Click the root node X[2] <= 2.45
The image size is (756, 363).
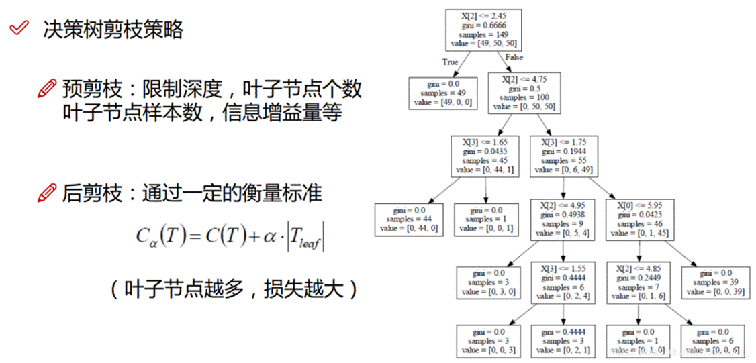pos(483,28)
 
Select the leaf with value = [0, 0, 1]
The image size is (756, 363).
pos(485,219)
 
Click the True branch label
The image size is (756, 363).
pos(450,62)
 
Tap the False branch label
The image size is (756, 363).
pos(514,58)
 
